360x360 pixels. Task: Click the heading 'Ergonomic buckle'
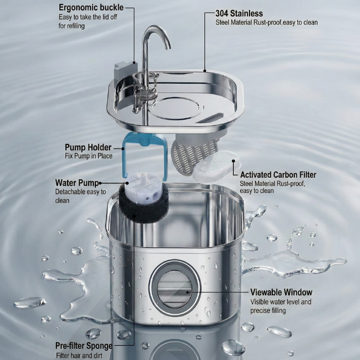(90, 8)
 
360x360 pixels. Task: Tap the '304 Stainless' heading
(239, 13)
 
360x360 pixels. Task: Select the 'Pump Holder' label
(88, 147)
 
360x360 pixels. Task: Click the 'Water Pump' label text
(77, 183)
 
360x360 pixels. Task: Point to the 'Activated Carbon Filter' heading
(278, 175)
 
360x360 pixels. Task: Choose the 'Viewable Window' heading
(281, 292)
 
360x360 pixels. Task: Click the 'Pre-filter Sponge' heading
(84, 346)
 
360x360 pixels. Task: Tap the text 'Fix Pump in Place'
(88, 156)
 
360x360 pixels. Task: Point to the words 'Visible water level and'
(281, 302)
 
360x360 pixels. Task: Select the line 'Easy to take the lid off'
(88, 17)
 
